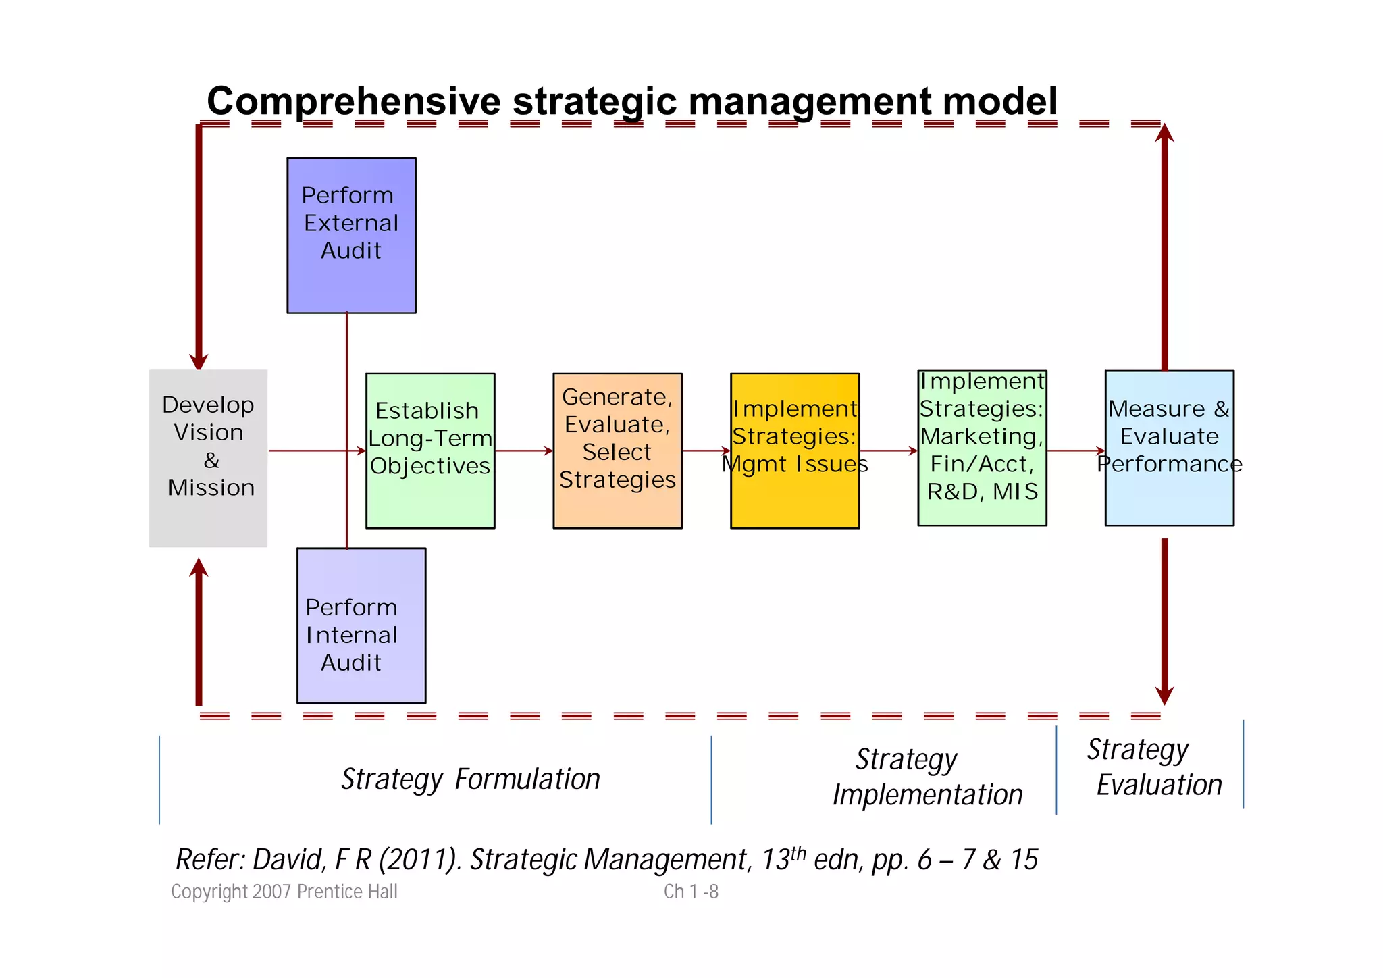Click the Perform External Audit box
point(351,235)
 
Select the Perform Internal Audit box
point(361,625)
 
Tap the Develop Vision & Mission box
point(208,458)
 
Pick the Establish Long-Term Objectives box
point(430,451)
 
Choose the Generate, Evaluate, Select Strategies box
point(617,451)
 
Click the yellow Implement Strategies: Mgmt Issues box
point(795,451)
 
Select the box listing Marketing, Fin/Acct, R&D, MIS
point(982,448)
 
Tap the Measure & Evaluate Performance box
point(1169,448)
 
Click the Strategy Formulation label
point(471,779)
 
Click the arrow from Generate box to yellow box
point(706,451)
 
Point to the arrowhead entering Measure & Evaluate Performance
point(1101,451)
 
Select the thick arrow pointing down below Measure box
point(1164,621)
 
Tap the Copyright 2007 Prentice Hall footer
point(284,892)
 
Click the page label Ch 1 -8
point(691,892)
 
